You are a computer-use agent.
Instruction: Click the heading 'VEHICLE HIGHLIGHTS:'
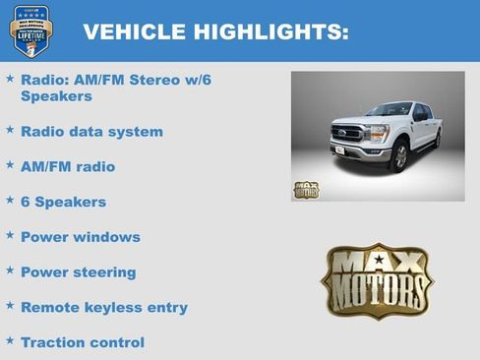tap(215, 32)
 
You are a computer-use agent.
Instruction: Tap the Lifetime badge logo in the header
tap(29, 30)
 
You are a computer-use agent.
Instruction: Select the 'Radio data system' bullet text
tap(91, 131)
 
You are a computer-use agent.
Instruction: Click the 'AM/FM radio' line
tap(67, 166)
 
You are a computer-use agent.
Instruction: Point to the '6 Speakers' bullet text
tap(63, 202)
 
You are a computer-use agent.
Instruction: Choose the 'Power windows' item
tap(80, 237)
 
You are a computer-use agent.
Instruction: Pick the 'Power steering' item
tap(78, 272)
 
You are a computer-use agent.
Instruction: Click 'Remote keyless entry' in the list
tap(103, 308)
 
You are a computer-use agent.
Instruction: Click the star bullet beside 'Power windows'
tap(10, 236)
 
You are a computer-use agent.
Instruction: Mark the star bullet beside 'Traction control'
tap(10, 341)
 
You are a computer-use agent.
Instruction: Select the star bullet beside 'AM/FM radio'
tap(10, 165)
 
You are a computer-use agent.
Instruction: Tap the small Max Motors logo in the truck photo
tap(306, 189)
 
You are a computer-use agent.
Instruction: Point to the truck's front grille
tap(348, 133)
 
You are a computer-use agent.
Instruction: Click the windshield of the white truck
tap(388, 110)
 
